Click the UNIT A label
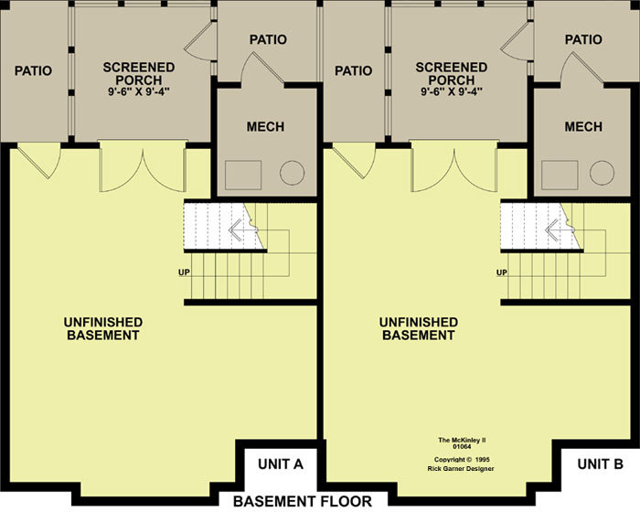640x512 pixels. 281,464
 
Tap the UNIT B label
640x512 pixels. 600,464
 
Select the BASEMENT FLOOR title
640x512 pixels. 303,501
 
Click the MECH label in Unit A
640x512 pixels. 265,126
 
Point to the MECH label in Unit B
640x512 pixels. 583,126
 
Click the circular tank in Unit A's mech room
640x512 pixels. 293,173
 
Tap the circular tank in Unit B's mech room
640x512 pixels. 602,173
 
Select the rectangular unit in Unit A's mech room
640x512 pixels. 243,176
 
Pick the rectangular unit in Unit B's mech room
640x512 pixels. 560,176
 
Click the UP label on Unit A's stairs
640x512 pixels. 184,272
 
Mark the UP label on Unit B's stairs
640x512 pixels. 502,272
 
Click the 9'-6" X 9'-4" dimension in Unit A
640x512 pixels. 139,91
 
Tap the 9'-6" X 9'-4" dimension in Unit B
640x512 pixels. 452,91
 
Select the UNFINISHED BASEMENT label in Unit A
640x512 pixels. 103,328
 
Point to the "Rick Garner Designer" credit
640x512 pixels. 461,469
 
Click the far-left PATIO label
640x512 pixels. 33,70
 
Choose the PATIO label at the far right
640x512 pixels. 583,39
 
